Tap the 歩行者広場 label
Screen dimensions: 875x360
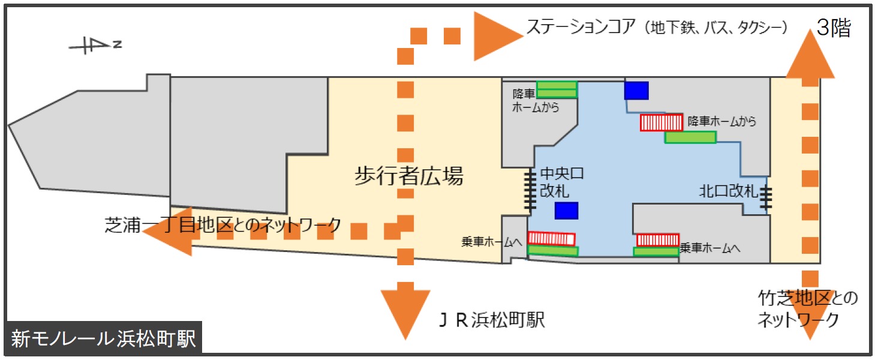pos(408,177)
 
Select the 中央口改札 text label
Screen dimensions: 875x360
pos(561,182)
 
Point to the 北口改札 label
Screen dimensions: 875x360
pos(729,192)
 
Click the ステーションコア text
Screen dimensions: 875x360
pos(657,27)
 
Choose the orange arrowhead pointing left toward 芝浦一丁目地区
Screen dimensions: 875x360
pos(169,231)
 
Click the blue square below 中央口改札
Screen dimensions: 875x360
pos(566,211)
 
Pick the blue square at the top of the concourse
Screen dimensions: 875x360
pos(636,91)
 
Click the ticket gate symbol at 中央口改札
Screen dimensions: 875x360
pos(530,190)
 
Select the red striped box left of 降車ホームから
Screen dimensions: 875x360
pos(661,122)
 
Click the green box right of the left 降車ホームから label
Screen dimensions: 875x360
pos(557,89)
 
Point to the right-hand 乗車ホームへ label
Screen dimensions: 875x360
pos(711,247)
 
